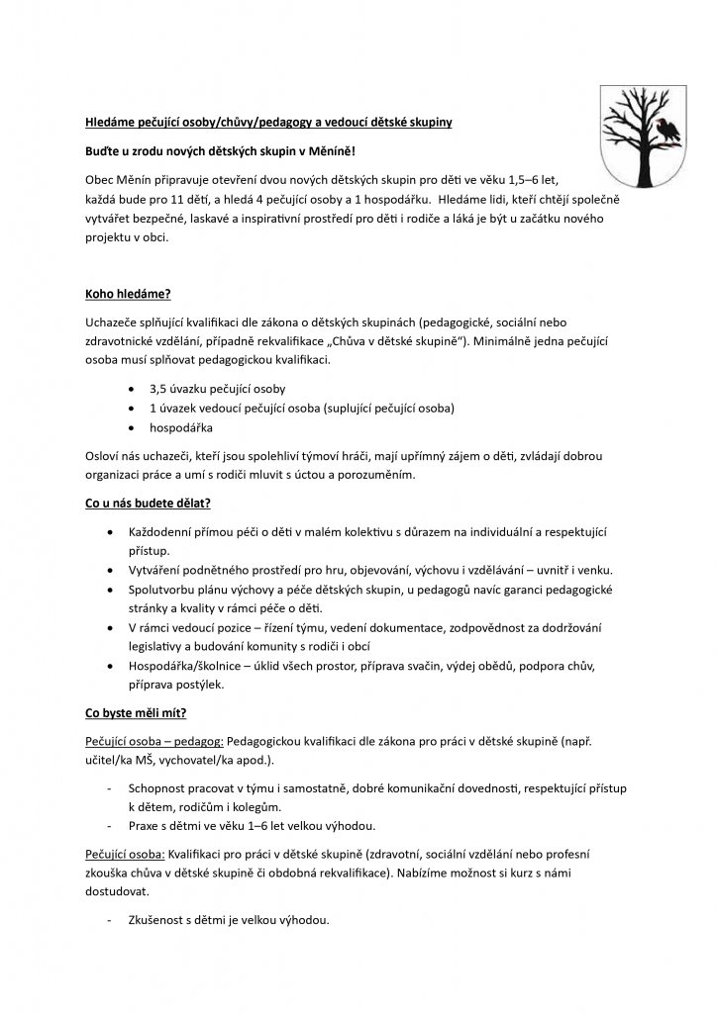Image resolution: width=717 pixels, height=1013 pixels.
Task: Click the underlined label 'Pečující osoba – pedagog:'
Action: tap(154, 742)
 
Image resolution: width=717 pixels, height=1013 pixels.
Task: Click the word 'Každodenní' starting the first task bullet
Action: tap(162, 532)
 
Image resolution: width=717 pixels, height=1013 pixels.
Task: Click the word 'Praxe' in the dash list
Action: tap(145, 826)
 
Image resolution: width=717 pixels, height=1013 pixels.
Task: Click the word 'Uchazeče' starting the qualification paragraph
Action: tap(108, 322)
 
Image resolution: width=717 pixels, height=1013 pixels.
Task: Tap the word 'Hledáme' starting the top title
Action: tap(109, 123)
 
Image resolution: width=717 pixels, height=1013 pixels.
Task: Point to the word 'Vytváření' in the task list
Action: tap(157, 570)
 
